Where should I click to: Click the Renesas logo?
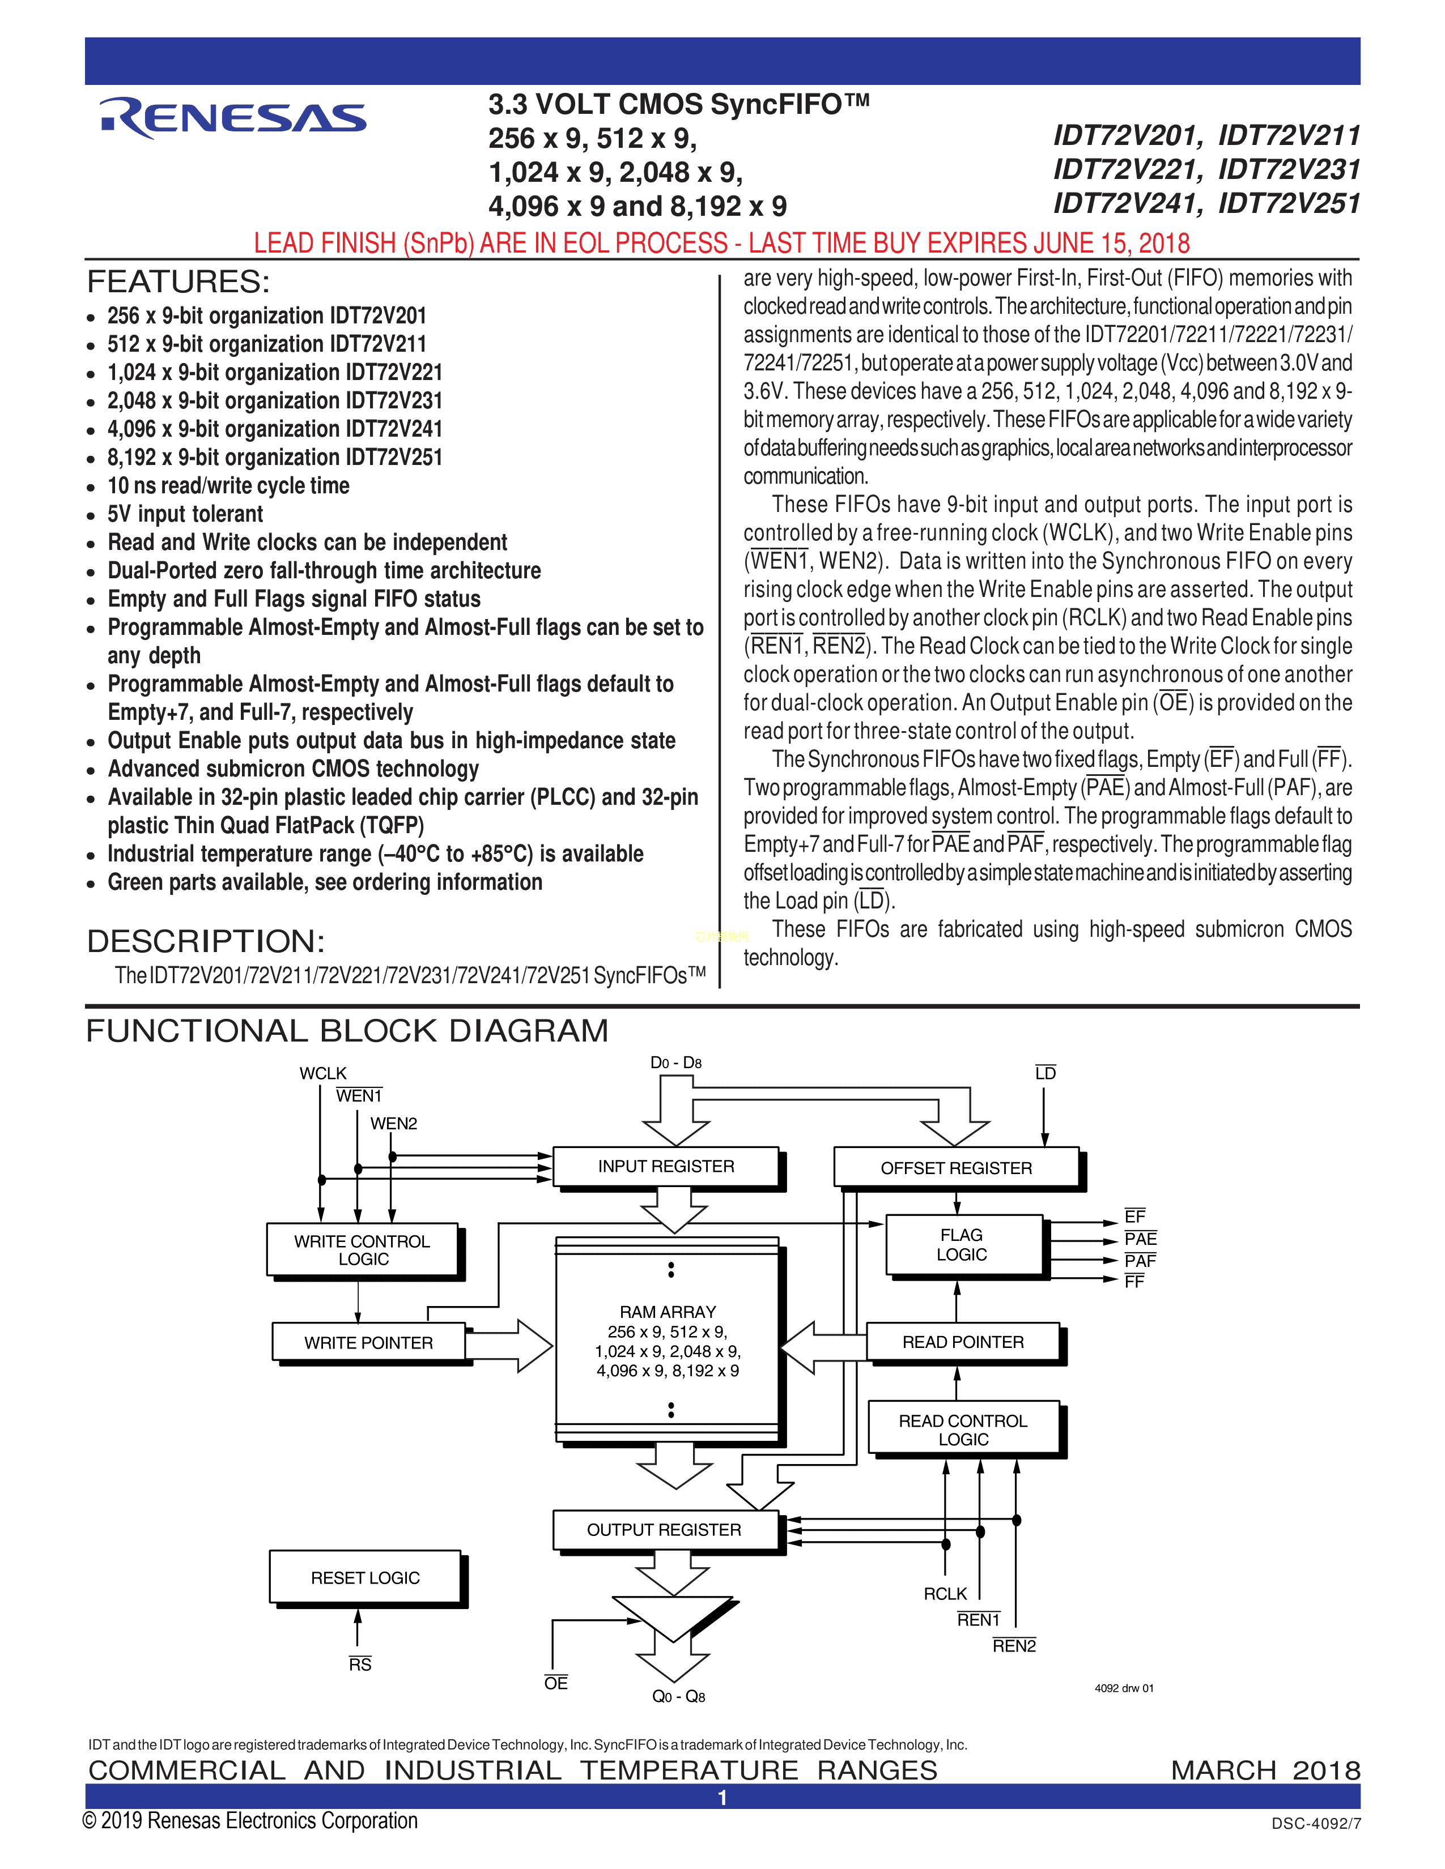(233, 118)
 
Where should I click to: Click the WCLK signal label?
(323, 1073)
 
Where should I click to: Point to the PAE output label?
(1140, 1238)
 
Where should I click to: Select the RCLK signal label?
(945, 1593)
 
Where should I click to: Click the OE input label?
(555, 1683)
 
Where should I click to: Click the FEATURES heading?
(178, 281)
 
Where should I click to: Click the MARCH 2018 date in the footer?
(1265, 1770)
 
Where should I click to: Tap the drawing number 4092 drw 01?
(1124, 1688)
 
